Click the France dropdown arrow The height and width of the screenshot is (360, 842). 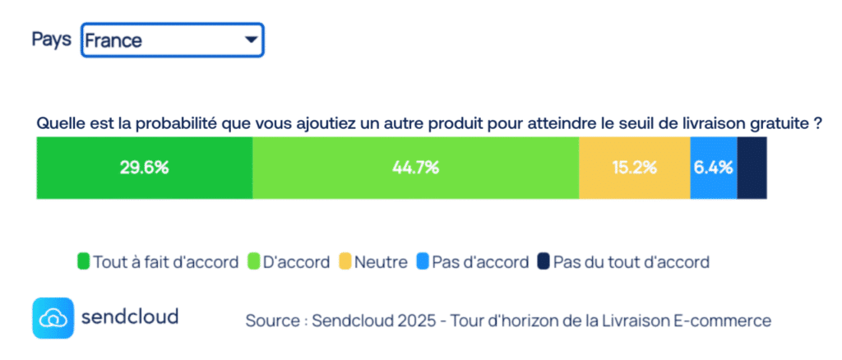(247, 39)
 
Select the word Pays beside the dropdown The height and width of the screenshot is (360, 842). (51, 39)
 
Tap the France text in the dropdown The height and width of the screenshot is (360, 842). (113, 40)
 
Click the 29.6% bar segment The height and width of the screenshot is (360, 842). (144, 168)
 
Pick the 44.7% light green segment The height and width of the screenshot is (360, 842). (415, 168)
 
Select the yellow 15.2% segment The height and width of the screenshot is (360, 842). (634, 168)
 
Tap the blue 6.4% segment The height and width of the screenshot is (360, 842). (713, 168)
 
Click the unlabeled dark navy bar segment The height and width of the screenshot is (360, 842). (752, 168)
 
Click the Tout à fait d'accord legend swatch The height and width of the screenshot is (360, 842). (83, 262)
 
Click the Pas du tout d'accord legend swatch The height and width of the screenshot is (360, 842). (544, 262)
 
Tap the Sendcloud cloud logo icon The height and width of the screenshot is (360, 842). (53, 318)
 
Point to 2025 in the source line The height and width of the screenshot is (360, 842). (411, 320)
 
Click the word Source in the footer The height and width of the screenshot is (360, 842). (271, 320)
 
